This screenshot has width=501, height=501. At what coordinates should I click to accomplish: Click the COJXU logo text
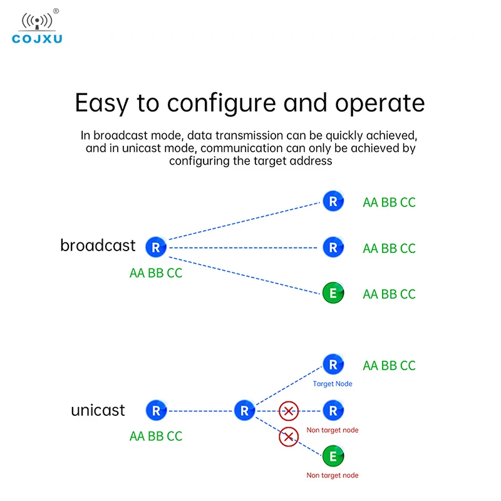point(38,39)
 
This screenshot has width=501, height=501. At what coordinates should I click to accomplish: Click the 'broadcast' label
point(98,245)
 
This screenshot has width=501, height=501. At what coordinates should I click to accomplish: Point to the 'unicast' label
point(98,411)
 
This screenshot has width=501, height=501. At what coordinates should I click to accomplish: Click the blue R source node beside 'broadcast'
point(156,247)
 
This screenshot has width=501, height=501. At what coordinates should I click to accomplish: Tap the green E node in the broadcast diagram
point(333,293)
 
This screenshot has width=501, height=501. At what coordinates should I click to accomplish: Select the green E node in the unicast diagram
point(333,457)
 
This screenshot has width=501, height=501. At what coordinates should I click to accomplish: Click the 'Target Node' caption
point(333,384)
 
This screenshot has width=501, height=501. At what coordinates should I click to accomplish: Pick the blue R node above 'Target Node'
point(333,364)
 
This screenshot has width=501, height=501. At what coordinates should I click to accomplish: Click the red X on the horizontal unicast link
point(288,411)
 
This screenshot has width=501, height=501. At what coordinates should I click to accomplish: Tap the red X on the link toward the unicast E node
point(288,436)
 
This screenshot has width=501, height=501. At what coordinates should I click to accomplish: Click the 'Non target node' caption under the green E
point(333,475)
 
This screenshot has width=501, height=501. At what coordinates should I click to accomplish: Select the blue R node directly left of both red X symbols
point(244,411)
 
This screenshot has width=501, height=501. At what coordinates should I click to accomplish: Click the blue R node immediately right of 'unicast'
point(156,411)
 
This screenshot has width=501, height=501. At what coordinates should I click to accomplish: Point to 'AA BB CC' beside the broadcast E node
point(389,294)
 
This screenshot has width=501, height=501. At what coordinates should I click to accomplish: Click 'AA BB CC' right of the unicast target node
point(389,366)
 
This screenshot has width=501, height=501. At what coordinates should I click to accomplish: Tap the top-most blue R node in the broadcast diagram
point(333,201)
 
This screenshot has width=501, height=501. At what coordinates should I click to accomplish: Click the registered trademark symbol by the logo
point(56,11)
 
